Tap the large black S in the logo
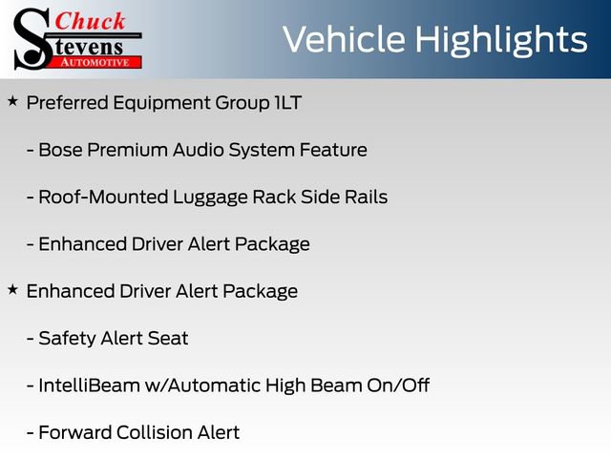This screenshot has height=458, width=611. click(x=32, y=38)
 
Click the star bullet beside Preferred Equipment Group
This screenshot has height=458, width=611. click(x=12, y=100)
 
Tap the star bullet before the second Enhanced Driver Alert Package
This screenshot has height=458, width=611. click(x=12, y=288)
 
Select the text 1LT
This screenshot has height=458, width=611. click(x=286, y=103)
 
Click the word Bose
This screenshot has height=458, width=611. click(x=60, y=150)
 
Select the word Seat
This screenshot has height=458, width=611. click(x=168, y=338)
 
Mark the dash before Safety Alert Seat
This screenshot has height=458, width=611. click(x=32, y=339)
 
